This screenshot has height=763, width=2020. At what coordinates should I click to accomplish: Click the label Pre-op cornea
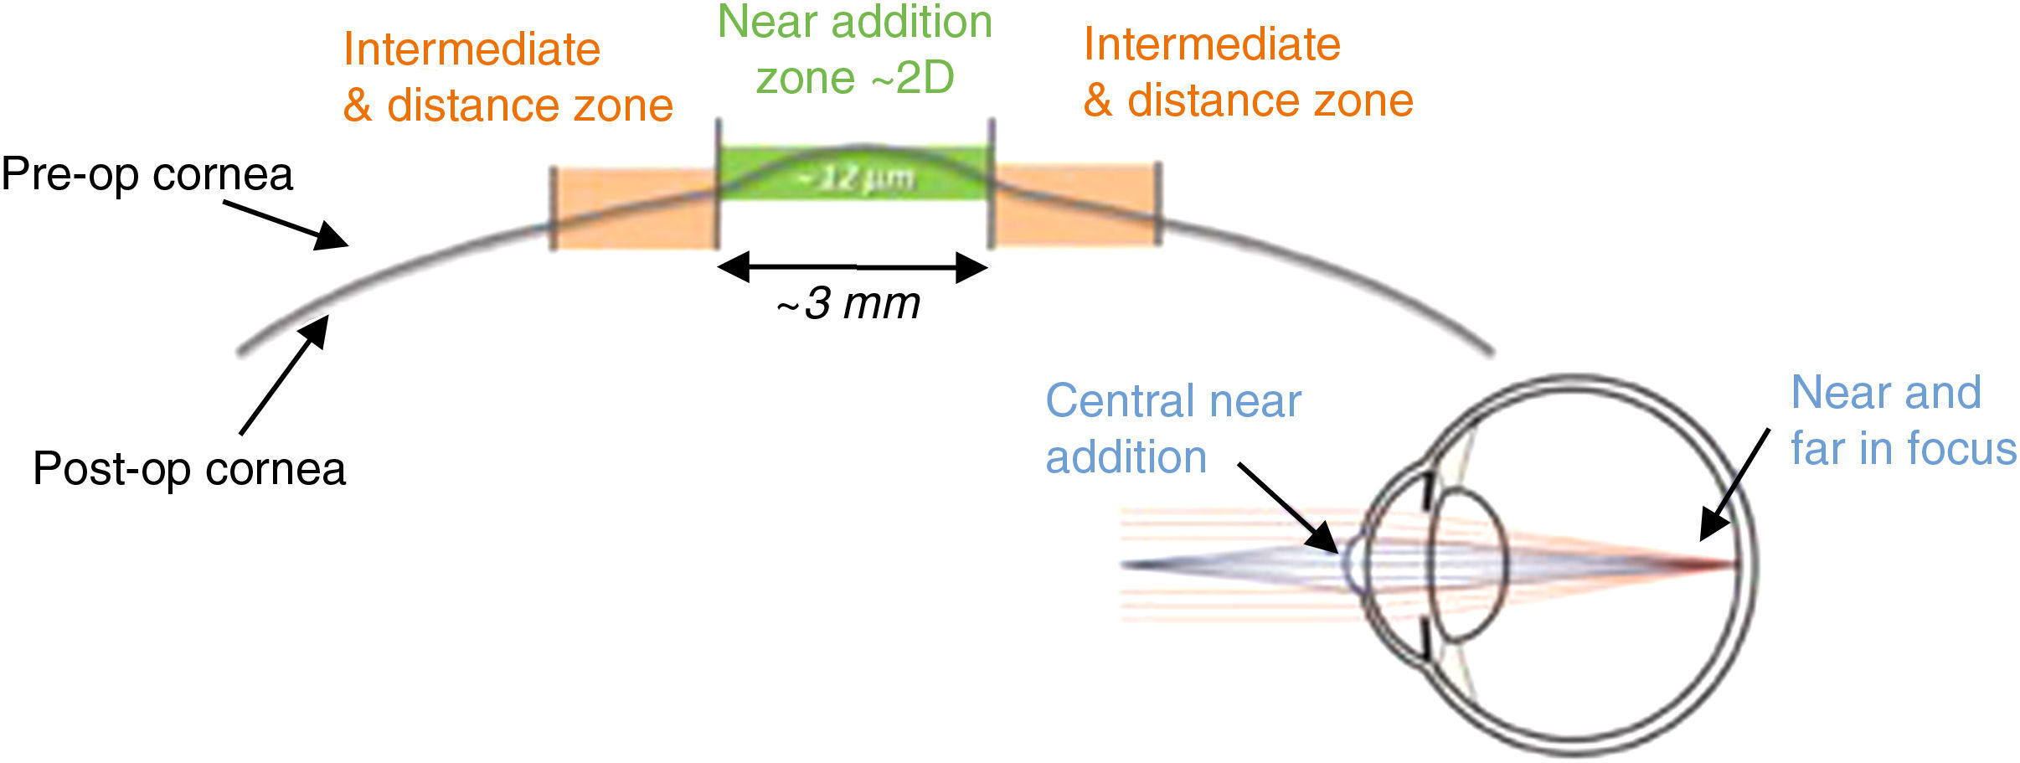pyautogui.click(x=147, y=175)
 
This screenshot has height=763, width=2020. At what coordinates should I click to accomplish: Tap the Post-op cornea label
pyautogui.click(x=189, y=468)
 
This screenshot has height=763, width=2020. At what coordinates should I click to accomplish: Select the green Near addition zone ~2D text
pyautogui.click(x=855, y=49)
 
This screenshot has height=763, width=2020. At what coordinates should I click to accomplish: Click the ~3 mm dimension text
pyautogui.click(x=848, y=303)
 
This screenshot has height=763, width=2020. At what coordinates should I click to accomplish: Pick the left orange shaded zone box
pyautogui.click(x=634, y=209)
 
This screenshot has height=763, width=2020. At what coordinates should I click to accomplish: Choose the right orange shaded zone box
pyautogui.click(x=1075, y=205)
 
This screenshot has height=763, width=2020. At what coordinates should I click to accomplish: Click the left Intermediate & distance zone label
pyautogui.click(x=508, y=77)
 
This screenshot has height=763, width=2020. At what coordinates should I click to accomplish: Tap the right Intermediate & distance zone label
pyautogui.click(x=1248, y=72)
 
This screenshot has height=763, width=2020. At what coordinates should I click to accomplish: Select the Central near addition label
pyautogui.click(x=1172, y=428)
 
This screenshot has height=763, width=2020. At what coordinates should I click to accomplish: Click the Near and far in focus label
pyautogui.click(x=1902, y=420)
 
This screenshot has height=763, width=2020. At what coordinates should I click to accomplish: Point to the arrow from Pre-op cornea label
pyautogui.click(x=286, y=224)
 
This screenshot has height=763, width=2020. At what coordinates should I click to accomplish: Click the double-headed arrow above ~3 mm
pyautogui.click(x=853, y=267)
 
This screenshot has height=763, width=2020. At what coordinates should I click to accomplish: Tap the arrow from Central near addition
pyautogui.click(x=1288, y=508)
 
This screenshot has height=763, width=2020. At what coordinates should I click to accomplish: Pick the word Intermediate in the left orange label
pyautogui.click(x=472, y=49)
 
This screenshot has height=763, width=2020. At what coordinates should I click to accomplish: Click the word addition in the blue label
pyautogui.click(x=1126, y=457)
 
